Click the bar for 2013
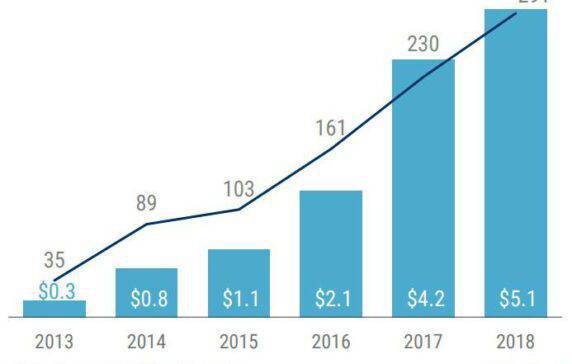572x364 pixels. coord(54,309)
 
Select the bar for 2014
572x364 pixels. coord(146,292)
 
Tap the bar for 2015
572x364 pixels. coord(239,283)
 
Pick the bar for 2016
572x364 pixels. coord(331,254)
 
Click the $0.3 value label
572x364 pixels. coord(54,291)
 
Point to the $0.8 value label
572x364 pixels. coord(146,299)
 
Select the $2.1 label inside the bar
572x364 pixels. coord(331,299)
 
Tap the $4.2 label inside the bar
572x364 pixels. coord(424,299)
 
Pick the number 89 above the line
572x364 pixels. coord(146,205)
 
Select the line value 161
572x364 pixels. coord(330,128)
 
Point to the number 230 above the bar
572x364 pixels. coord(423,45)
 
